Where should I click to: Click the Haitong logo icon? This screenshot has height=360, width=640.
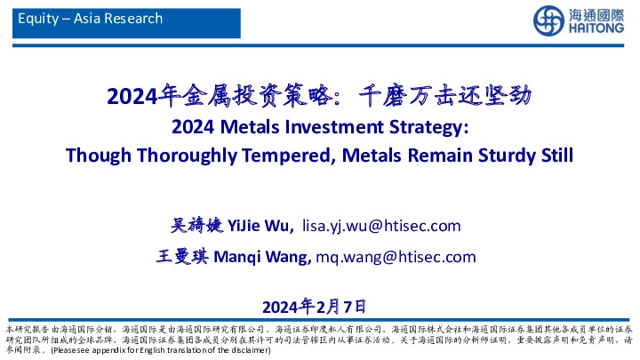point(548,20)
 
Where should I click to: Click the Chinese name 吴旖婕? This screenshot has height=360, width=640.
point(197,226)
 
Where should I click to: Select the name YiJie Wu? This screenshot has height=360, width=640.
point(262,226)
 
